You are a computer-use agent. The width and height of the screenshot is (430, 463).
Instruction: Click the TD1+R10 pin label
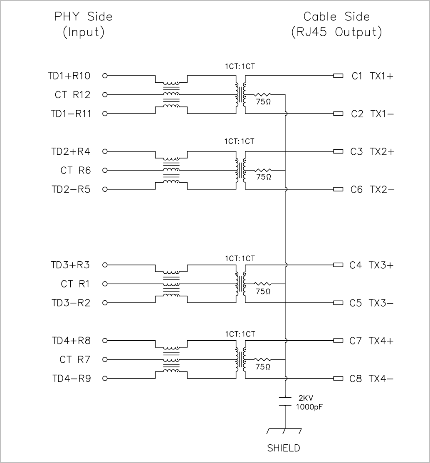click(x=69, y=76)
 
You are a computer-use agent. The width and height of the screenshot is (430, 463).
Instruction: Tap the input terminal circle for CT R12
click(x=105, y=95)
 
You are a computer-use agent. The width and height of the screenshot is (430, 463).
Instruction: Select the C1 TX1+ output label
click(x=373, y=76)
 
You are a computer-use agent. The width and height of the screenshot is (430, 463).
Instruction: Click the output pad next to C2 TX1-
click(x=338, y=114)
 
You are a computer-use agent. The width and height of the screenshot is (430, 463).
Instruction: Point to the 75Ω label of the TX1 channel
click(x=263, y=102)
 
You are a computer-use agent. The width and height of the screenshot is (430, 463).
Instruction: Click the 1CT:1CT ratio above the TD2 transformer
click(x=240, y=141)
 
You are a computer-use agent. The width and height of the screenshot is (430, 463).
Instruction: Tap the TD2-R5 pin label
click(x=71, y=189)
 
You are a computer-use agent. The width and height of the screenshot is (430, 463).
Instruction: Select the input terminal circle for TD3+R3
click(x=105, y=265)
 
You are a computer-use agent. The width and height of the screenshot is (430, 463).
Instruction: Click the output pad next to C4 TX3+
click(x=338, y=265)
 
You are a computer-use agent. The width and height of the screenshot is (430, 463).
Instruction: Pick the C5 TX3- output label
click(x=371, y=303)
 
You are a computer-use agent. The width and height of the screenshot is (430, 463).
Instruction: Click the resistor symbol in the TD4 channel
click(x=262, y=359)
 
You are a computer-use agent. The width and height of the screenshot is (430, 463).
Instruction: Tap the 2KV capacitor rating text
click(x=306, y=398)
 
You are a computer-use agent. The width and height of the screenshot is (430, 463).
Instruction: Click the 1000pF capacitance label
click(x=309, y=407)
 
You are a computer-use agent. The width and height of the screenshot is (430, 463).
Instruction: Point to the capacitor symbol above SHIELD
click(x=285, y=401)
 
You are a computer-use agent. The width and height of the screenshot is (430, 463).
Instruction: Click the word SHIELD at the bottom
click(x=284, y=448)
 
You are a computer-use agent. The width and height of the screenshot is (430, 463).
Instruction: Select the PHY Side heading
click(x=84, y=17)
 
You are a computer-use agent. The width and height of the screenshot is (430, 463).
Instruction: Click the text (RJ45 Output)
click(x=336, y=32)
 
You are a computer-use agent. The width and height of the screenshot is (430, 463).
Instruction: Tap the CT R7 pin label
click(x=75, y=360)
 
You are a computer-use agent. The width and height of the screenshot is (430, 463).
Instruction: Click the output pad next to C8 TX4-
click(x=338, y=379)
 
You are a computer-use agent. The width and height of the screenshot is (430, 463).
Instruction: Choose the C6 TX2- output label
click(x=373, y=190)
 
